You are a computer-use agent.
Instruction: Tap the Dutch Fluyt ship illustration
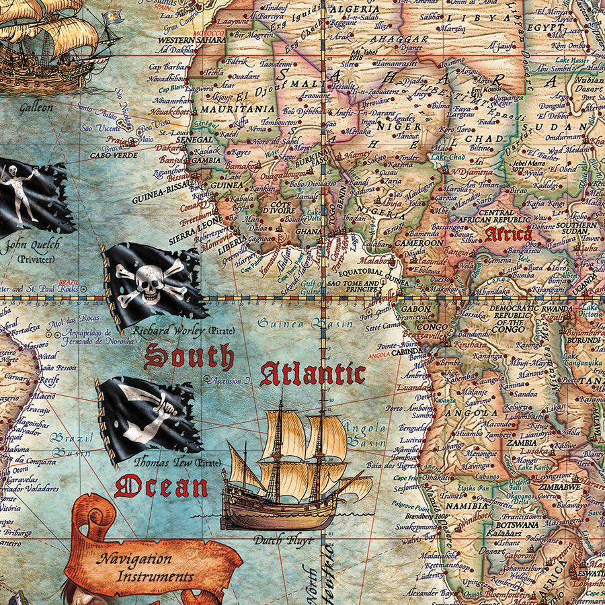pyautogui.click(x=296, y=471)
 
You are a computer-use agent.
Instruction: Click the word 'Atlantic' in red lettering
pyautogui.click(x=313, y=374)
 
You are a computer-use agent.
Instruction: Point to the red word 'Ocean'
pyautogui.click(x=161, y=486)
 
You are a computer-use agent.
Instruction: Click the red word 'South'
pyautogui.click(x=189, y=357)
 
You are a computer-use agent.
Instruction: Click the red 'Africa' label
pyautogui.click(x=508, y=235)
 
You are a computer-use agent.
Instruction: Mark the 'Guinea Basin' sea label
pyautogui.click(x=305, y=324)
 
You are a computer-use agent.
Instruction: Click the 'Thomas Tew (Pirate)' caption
pyautogui.click(x=168, y=462)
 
